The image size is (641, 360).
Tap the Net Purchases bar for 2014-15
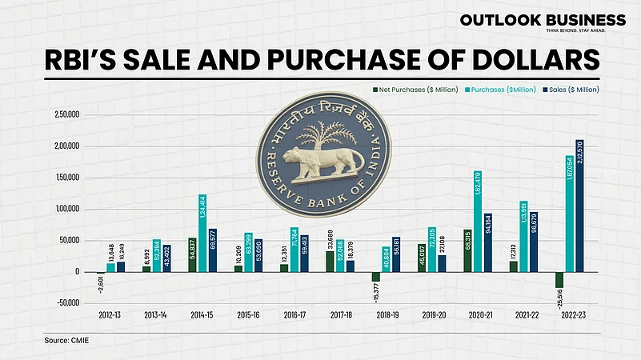click(192, 255)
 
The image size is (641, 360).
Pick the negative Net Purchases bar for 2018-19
click(375, 277)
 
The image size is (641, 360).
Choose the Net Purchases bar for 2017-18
click(330, 262)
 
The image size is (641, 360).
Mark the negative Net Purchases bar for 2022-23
click(558, 280)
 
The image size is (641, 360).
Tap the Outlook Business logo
click(542, 22)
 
